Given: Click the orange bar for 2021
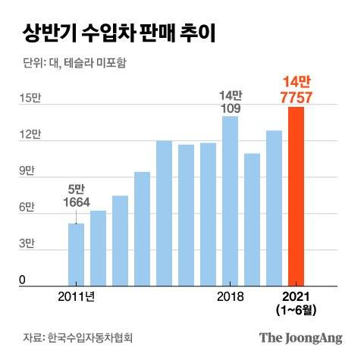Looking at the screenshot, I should click(296, 196).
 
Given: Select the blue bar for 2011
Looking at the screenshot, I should click(77, 254).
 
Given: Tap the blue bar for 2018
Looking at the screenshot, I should click(230, 201).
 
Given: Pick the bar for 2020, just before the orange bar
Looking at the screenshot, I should click(274, 208).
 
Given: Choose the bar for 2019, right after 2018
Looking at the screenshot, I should click(252, 220).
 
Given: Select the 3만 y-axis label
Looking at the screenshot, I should click(27, 244).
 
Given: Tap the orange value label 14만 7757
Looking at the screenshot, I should click(296, 89).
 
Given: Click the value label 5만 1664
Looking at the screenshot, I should click(76, 196).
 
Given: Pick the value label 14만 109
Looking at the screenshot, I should click(230, 101).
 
